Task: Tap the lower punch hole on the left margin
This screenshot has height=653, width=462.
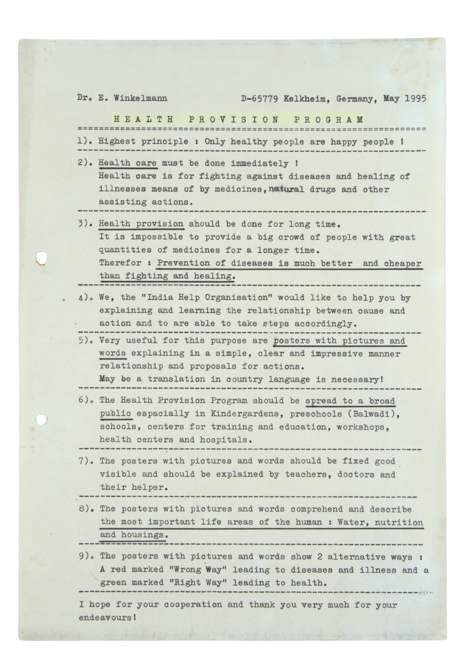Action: pyautogui.click(x=41, y=420)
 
